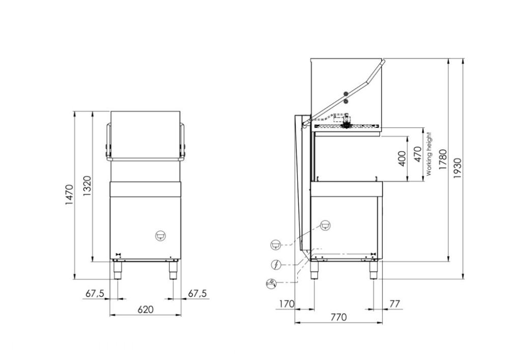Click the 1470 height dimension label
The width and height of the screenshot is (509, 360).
(69, 195)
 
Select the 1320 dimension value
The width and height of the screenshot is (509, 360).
(87, 186)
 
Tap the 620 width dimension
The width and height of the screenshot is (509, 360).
(146, 310)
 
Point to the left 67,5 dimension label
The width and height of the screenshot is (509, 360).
(95, 293)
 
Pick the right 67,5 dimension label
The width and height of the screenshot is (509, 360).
(197, 293)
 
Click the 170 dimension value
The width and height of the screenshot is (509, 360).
(287, 304)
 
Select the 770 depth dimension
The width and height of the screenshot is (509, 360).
(338, 317)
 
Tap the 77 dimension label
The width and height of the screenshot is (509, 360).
(394, 304)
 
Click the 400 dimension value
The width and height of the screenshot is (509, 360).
(402, 159)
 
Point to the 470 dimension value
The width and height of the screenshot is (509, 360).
(418, 154)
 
